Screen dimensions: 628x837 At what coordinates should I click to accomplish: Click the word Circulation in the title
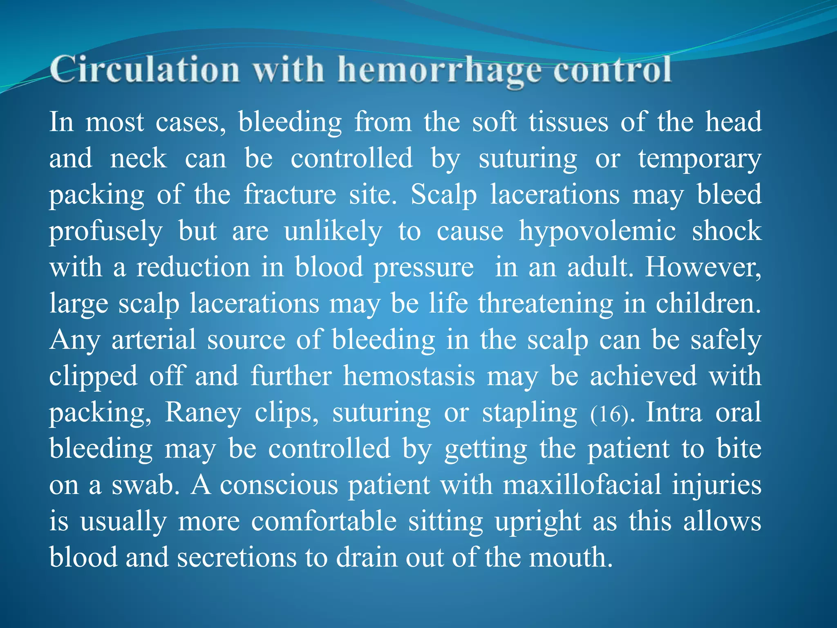(x=145, y=70)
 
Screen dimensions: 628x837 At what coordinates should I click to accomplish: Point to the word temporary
(x=700, y=159)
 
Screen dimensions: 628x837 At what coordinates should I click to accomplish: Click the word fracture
(x=290, y=194)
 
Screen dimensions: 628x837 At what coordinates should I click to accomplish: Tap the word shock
(x=727, y=231)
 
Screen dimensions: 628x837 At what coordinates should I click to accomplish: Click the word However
(x=703, y=268)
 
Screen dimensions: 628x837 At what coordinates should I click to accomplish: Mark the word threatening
(x=546, y=304)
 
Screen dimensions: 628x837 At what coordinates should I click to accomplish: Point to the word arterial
(x=154, y=340)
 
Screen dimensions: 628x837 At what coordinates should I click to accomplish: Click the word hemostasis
(x=409, y=376)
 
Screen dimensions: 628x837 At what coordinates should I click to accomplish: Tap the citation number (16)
(x=609, y=414)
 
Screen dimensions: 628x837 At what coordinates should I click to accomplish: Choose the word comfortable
(x=324, y=522)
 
